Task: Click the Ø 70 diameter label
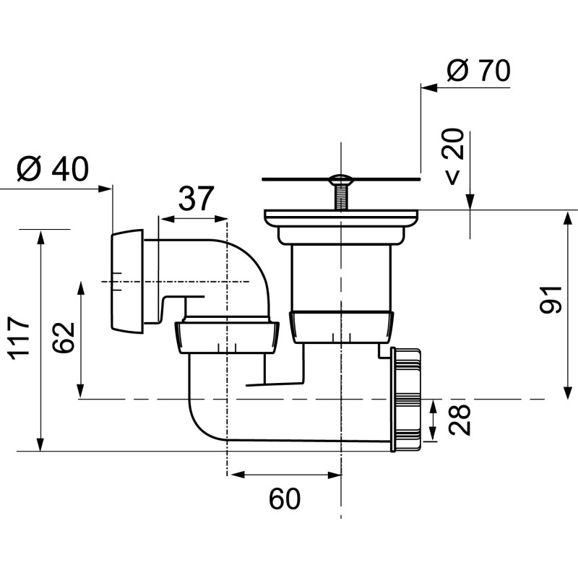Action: point(478,71)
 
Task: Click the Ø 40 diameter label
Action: point(53,170)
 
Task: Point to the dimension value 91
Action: point(551,298)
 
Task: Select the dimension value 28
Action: point(462,419)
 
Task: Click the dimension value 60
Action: point(284,499)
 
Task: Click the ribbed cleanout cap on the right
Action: point(409,399)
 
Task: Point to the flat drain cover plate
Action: point(340,176)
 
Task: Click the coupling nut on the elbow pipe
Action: point(226,337)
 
